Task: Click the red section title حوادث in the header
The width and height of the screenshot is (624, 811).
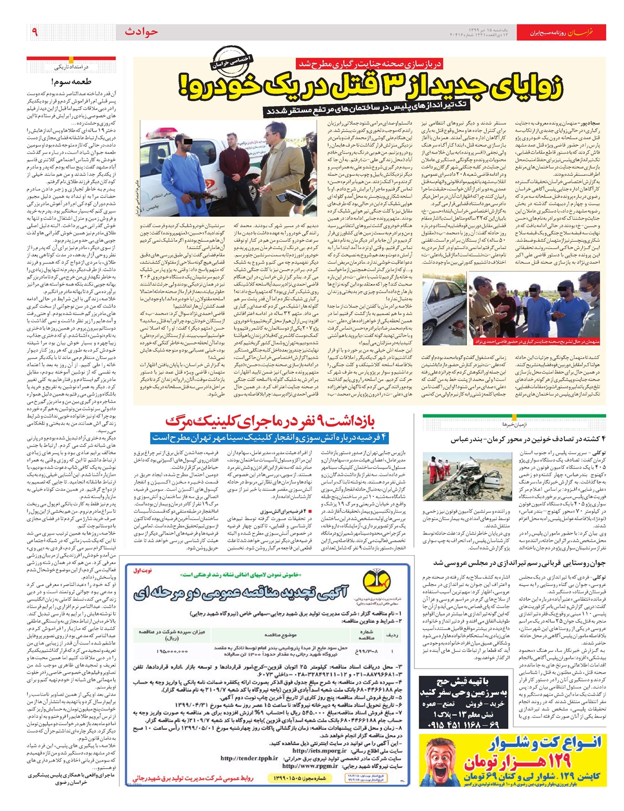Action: click(141, 32)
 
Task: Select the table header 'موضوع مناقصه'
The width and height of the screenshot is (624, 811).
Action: click(280, 635)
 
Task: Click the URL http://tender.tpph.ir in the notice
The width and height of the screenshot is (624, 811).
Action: click(249, 758)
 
